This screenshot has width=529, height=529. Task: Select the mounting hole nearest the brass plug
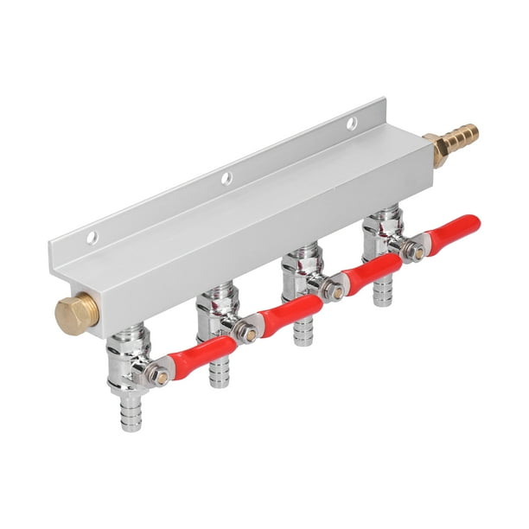(92, 237)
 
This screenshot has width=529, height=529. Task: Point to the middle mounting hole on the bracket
(226, 179)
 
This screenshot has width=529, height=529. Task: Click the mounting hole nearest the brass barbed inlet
(352, 124)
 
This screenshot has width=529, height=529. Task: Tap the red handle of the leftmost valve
(202, 354)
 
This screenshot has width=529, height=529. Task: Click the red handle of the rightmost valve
(456, 233)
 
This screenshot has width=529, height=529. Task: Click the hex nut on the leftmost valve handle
(160, 376)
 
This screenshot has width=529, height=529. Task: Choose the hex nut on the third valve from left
(334, 292)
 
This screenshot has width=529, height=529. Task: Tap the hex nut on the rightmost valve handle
(416, 252)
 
